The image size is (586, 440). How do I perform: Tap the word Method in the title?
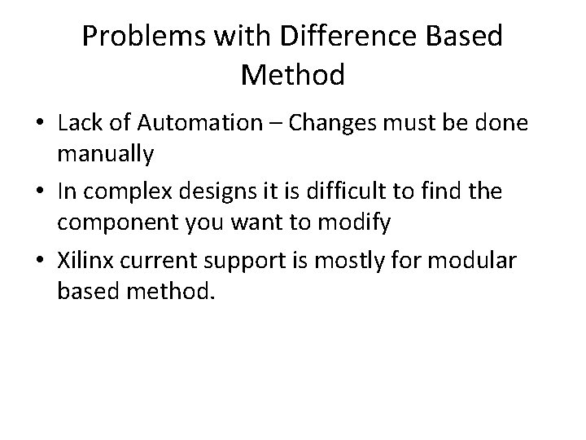coord(293,76)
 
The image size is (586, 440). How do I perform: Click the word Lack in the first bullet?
coord(81,124)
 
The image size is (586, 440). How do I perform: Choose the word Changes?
coord(328,124)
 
